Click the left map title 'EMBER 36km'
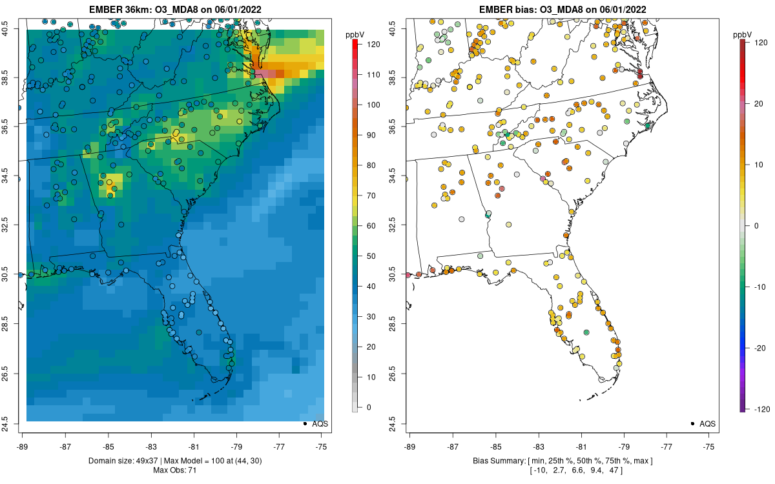[119, 9]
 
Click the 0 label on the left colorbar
[368, 407]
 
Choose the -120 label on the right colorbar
[760, 409]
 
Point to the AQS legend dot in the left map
[304, 423]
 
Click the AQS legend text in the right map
[708, 423]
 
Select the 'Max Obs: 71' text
[176, 470]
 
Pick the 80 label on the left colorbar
[371, 165]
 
